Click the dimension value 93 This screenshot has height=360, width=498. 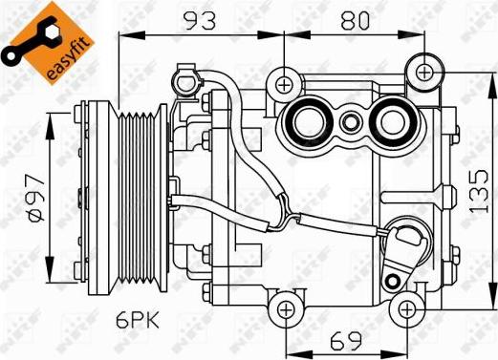coord(201,20)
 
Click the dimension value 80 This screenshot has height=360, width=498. coord(355,20)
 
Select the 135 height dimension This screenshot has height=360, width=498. coord(479,191)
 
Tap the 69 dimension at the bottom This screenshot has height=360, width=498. coord(346,341)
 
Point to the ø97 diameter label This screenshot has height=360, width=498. coord(36,198)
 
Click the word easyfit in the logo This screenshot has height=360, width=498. coord(66,59)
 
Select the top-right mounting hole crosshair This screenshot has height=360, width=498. coord(424,73)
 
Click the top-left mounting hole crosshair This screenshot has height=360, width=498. coord(284,85)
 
